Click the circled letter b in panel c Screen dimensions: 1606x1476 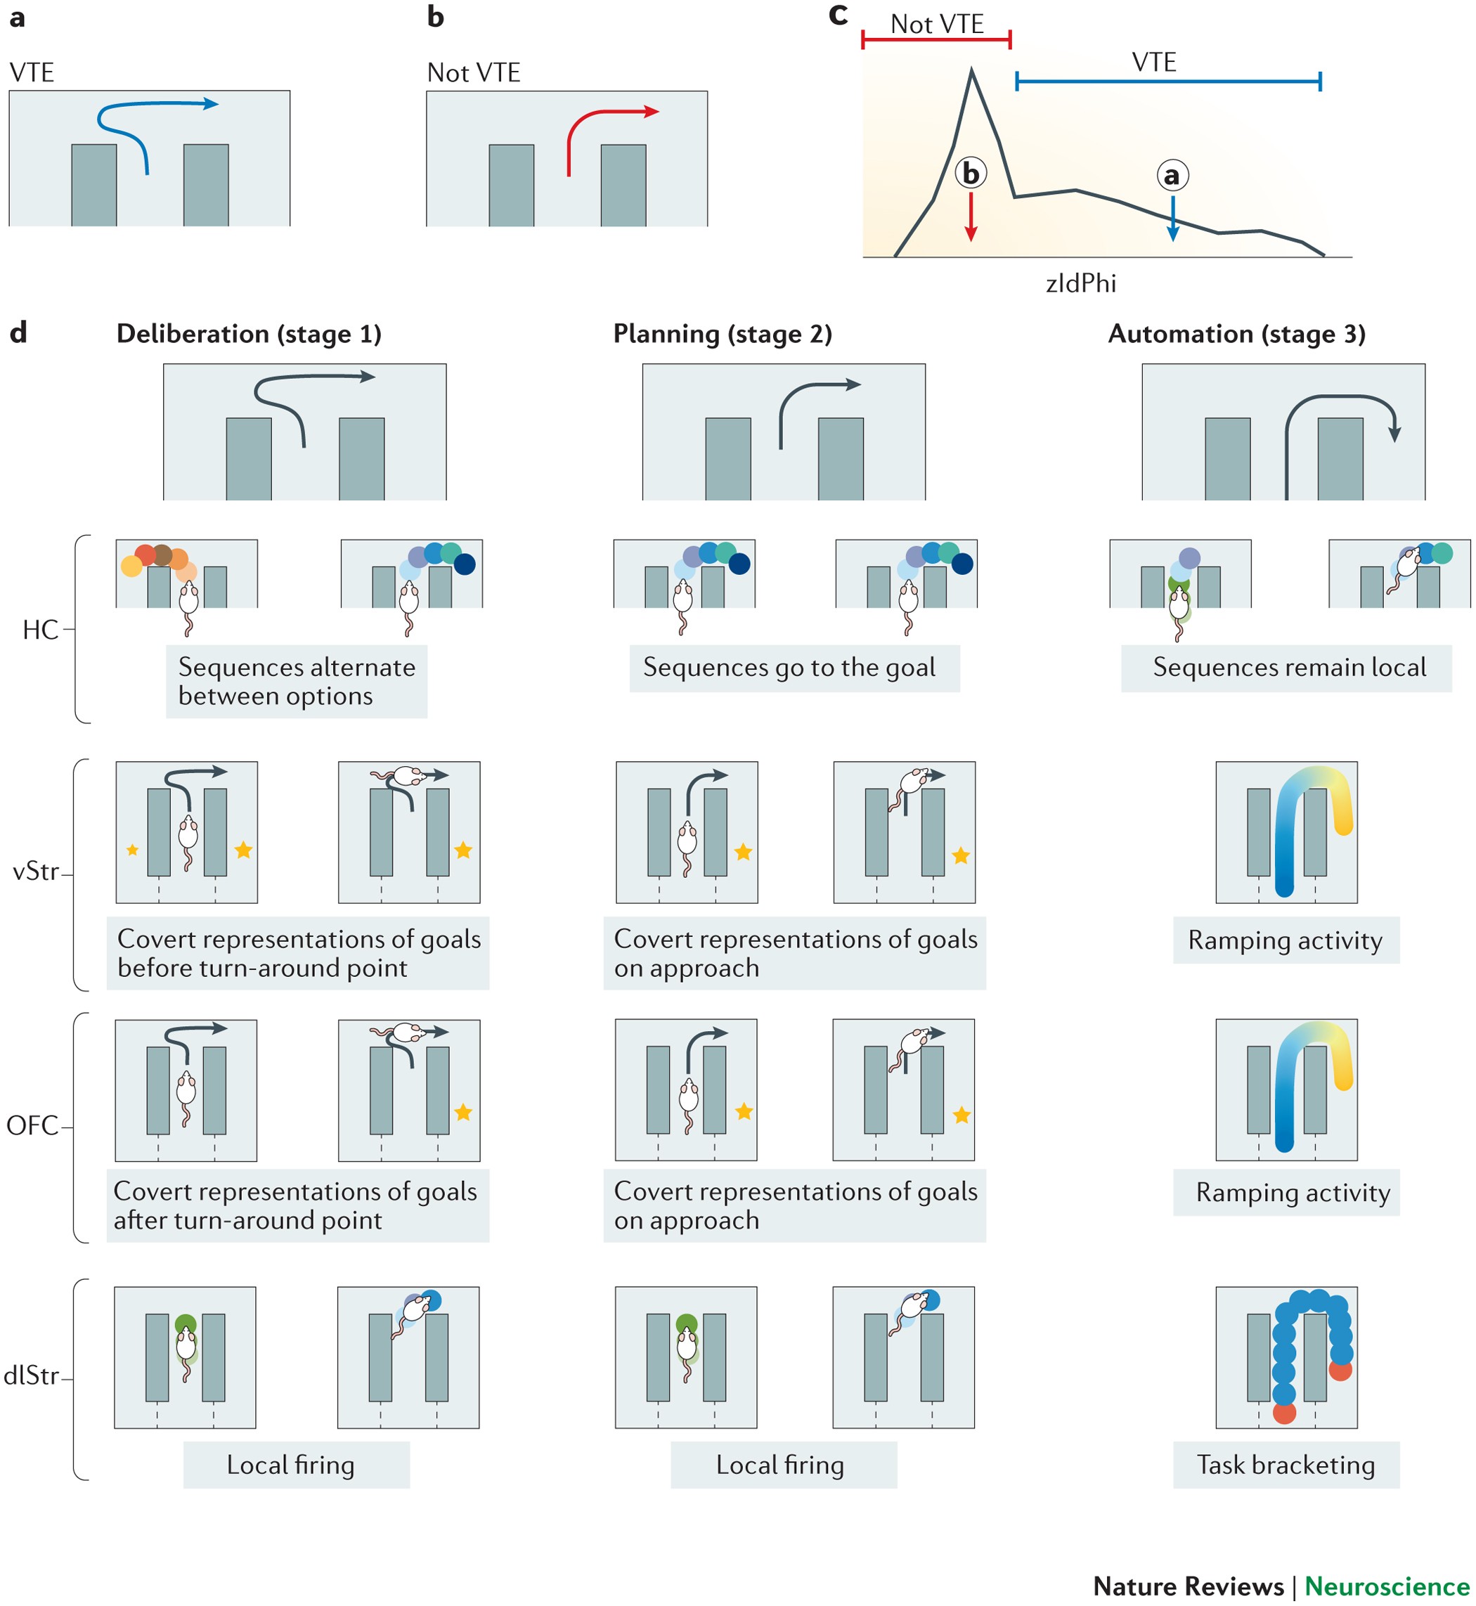(971, 172)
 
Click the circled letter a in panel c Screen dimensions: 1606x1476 (1172, 175)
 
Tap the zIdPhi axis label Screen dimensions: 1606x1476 (1081, 283)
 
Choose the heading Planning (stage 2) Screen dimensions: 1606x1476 (722, 334)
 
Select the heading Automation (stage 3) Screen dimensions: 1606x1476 (1236, 334)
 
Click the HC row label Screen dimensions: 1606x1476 (40, 630)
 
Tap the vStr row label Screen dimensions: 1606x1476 (36, 872)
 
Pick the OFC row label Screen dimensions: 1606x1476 (32, 1126)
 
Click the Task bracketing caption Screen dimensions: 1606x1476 (1285, 1465)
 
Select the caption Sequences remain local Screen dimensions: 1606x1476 (1288, 668)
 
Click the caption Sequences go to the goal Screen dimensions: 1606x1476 (789, 668)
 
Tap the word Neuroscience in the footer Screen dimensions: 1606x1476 (1387, 1586)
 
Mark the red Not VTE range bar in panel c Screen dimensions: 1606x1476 (936, 39)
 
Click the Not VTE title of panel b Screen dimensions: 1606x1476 (473, 72)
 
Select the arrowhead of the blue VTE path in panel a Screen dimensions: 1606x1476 (211, 103)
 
